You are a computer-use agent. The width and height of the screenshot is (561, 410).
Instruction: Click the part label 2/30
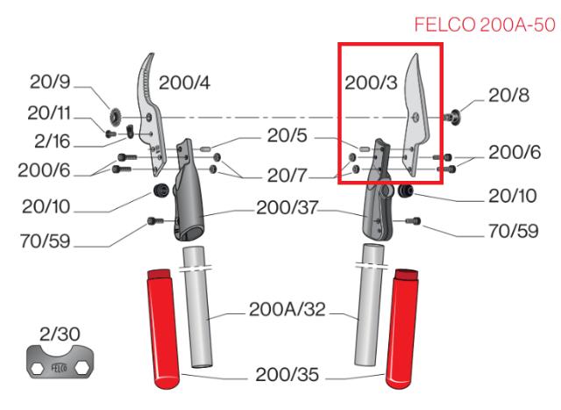[x=58, y=334]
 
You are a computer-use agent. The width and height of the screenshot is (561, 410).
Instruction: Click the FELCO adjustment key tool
[x=59, y=366]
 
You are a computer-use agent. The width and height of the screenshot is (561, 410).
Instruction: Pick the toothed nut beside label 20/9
[x=114, y=115]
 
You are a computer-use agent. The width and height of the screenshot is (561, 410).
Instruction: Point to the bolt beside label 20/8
[x=456, y=114]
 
